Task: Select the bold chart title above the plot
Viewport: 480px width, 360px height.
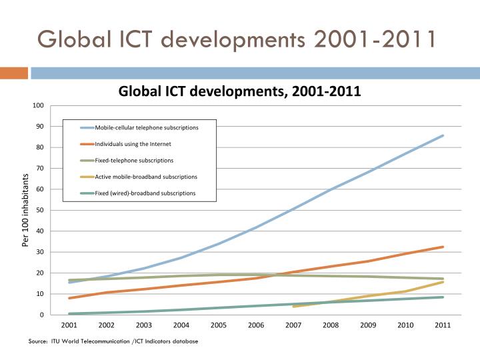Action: pyautogui.click(x=239, y=91)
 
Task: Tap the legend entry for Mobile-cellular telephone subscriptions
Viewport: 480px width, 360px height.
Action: pyautogui.click(x=146, y=127)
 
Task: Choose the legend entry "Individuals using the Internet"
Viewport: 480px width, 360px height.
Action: pyautogui.click(x=133, y=144)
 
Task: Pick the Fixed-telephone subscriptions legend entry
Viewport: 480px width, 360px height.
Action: pyautogui.click(x=134, y=161)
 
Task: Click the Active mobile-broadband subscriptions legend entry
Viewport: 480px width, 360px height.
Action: pyautogui.click(x=146, y=177)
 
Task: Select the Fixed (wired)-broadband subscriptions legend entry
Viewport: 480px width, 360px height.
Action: pyautogui.click(x=145, y=193)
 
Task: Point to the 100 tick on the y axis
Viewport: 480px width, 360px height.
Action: pyautogui.click(x=38, y=106)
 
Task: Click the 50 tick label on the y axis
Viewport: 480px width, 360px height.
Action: pyautogui.click(x=39, y=211)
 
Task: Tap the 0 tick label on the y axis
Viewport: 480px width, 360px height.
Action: pyautogui.click(x=41, y=315)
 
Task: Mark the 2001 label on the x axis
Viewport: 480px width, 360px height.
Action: pyautogui.click(x=69, y=325)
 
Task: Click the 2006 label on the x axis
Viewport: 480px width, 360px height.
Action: pyautogui.click(x=256, y=325)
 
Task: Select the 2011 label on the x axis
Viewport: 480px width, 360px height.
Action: pyautogui.click(x=443, y=325)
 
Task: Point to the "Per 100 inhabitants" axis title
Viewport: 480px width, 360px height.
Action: pyautogui.click(x=25, y=210)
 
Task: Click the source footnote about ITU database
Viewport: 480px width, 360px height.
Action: pyautogui.click(x=113, y=341)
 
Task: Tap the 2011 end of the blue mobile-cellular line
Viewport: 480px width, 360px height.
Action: pyautogui.click(x=443, y=136)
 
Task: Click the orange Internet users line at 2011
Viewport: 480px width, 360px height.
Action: pyautogui.click(x=443, y=247)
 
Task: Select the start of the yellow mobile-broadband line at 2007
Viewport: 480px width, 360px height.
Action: pyautogui.click(x=293, y=307)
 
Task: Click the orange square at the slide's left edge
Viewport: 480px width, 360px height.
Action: pyautogui.click(x=13, y=72)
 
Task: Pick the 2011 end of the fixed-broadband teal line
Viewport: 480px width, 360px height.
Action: pyautogui.click(x=443, y=297)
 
